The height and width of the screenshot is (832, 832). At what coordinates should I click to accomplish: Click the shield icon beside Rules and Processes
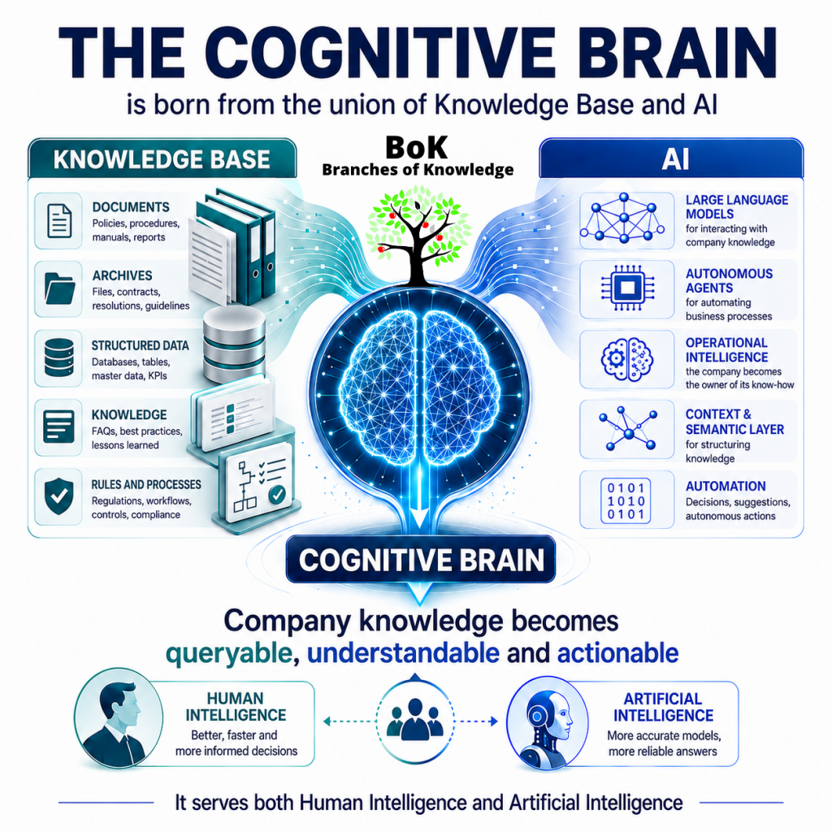click(58, 496)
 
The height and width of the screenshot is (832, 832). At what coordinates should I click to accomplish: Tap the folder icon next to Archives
click(59, 288)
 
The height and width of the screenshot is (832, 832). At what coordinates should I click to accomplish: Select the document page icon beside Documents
click(59, 221)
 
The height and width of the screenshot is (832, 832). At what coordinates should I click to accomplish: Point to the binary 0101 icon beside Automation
click(626, 500)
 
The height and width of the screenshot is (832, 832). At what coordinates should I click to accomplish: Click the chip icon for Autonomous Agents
click(627, 288)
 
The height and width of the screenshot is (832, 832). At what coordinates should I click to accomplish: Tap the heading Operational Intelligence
click(726, 350)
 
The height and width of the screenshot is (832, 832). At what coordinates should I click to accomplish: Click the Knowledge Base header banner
click(162, 159)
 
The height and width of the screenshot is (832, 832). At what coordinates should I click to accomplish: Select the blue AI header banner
click(671, 158)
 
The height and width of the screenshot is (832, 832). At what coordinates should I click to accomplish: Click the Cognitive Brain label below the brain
click(421, 560)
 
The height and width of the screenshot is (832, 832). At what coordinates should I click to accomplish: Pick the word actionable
click(617, 653)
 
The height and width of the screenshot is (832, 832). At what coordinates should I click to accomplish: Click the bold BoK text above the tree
click(417, 148)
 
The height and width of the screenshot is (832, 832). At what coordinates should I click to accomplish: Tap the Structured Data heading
click(140, 346)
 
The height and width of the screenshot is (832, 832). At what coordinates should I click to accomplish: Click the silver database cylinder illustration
click(234, 344)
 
